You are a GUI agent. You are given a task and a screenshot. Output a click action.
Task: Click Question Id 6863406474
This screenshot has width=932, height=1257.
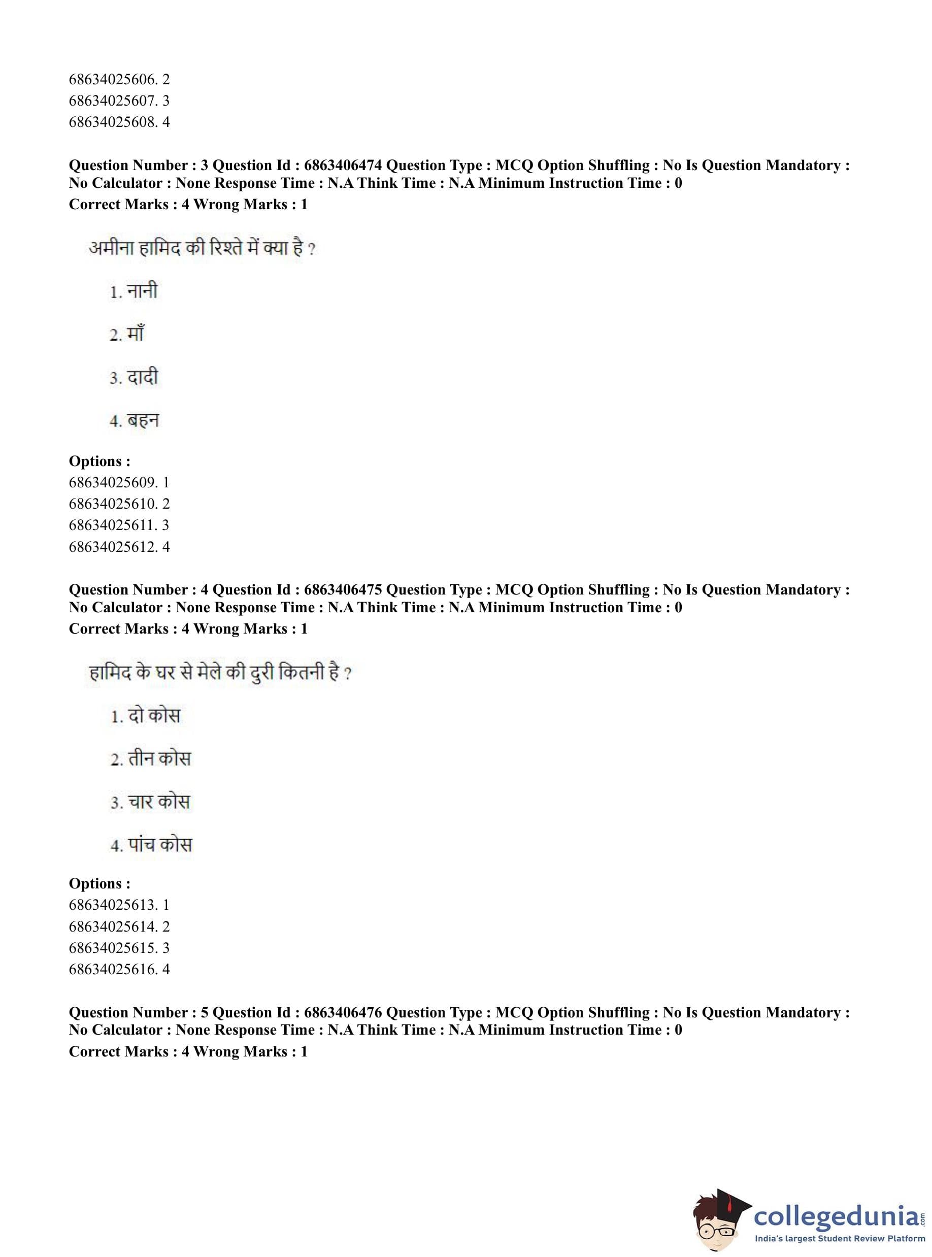[343, 166]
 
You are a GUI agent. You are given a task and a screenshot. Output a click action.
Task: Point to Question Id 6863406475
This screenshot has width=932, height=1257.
[343, 589]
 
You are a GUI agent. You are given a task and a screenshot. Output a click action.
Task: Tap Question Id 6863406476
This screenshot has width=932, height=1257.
[343, 1012]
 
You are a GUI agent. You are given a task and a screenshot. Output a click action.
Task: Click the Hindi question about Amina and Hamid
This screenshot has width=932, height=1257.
[202, 248]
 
